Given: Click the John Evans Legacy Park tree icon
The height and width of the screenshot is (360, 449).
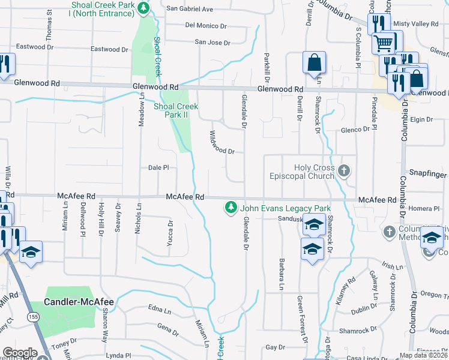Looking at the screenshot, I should point(229,208).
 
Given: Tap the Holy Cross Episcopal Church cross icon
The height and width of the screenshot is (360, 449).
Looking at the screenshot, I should point(344,172).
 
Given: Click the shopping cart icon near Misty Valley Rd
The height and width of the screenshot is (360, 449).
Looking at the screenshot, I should point(384,43).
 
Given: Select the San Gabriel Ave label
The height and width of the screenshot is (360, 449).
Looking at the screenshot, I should point(190,9).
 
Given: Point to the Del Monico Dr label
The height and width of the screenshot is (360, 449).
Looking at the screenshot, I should point(206,26).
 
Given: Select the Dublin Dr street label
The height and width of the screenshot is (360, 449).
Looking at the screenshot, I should point(364,310).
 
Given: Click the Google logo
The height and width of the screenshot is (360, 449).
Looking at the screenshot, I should point(20,353).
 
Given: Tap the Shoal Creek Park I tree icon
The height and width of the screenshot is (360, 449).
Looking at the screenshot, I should point(143,8).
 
